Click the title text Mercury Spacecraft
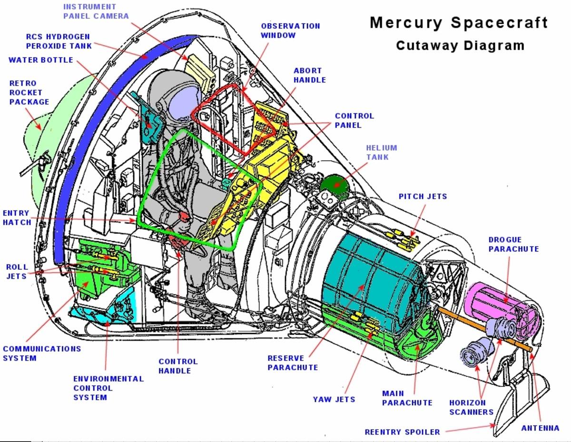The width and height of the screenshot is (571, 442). (x=459, y=23)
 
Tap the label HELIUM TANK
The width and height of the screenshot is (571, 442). (x=381, y=152)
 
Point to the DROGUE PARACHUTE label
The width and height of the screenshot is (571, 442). (x=513, y=244)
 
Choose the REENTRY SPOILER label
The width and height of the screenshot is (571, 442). (x=402, y=432)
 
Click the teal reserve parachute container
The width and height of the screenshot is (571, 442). (x=366, y=276)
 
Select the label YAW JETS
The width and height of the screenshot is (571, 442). (x=334, y=399)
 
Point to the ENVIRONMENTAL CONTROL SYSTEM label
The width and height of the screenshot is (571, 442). (x=108, y=388)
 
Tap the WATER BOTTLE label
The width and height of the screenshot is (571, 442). (x=41, y=60)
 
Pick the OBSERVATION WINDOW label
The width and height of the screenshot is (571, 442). (x=290, y=30)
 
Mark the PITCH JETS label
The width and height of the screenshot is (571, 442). (x=423, y=196)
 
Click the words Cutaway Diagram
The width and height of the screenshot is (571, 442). (x=460, y=46)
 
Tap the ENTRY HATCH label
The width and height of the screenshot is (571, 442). (x=17, y=218)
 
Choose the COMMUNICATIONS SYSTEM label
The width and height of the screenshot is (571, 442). (x=42, y=353)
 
